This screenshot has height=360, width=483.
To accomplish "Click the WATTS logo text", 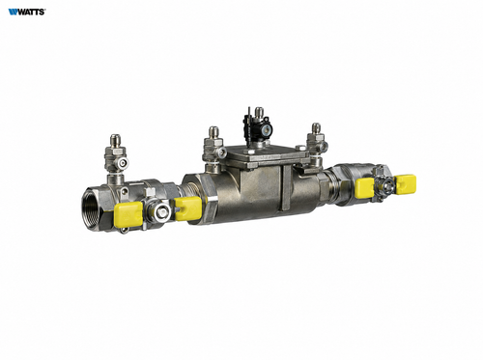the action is coord(27,12).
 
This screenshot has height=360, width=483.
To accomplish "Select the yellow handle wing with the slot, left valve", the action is coord(188,209).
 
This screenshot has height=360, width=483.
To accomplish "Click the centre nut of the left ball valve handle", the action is coord(161,212).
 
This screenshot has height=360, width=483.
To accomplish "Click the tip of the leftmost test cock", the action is coord(114,136).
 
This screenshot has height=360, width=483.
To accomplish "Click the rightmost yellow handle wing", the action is coord(406,184).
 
